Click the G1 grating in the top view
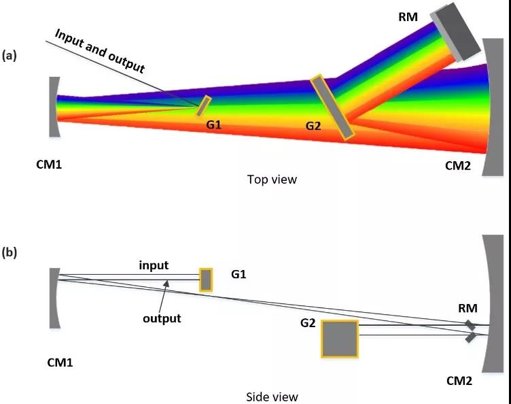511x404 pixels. (x=204, y=106)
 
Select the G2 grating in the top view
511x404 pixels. (x=332, y=107)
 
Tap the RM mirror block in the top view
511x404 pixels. (x=455, y=32)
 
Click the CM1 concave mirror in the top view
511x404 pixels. (x=54, y=107)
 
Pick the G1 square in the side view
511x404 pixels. (x=206, y=280)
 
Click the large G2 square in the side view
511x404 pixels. (x=340, y=339)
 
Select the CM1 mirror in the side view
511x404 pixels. (x=54, y=298)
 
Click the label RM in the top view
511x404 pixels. (x=408, y=16)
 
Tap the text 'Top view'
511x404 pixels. (x=272, y=180)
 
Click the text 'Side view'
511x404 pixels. (x=272, y=397)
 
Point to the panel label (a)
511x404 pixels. (x=9, y=56)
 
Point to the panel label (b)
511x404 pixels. (x=9, y=252)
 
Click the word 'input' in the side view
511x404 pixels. (x=154, y=265)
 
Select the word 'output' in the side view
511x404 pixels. (x=162, y=318)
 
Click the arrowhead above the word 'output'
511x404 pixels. (x=166, y=283)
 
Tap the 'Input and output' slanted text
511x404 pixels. (x=100, y=51)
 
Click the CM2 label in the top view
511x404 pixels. (x=458, y=166)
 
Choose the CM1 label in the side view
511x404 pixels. (x=60, y=363)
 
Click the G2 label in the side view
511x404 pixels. (x=308, y=323)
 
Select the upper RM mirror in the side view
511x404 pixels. (x=470, y=325)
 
